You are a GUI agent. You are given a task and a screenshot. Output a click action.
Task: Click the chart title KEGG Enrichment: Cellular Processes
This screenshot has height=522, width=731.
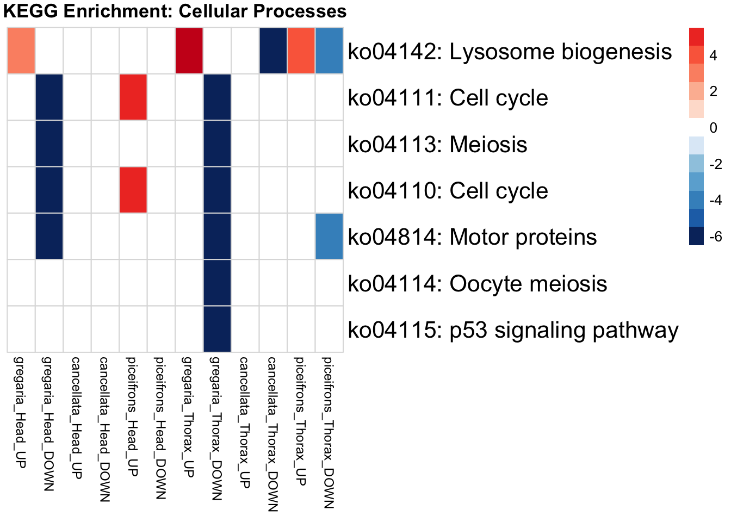click(x=175, y=11)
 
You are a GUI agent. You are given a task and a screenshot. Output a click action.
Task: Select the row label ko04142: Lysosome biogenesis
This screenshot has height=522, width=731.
click(x=510, y=52)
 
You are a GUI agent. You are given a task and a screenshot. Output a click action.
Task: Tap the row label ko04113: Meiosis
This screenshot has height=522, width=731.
click(x=437, y=145)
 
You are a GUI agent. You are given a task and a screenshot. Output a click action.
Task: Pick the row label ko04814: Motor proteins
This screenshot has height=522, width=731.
click(x=472, y=237)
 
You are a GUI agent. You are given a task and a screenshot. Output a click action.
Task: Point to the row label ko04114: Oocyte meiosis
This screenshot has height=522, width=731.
click(x=477, y=284)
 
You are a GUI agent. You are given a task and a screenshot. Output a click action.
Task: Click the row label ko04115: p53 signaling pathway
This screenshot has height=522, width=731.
click(x=513, y=330)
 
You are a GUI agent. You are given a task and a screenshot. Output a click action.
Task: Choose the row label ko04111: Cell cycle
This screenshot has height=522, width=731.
click(x=448, y=98)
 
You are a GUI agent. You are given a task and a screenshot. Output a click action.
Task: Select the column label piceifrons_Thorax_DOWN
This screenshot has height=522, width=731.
click(x=328, y=432)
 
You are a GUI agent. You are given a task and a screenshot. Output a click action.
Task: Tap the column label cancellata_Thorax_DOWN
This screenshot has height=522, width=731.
click(x=272, y=434)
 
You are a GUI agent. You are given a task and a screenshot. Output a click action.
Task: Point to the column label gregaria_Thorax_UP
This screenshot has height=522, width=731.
click(x=188, y=417)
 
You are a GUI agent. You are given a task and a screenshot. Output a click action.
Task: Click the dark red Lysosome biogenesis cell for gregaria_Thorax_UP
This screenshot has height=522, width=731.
click(x=189, y=51)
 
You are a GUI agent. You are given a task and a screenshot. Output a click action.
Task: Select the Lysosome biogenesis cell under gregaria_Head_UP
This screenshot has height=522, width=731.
click(x=21, y=51)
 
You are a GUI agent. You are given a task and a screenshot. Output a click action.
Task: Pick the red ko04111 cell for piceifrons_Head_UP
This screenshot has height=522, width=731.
click(x=133, y=97)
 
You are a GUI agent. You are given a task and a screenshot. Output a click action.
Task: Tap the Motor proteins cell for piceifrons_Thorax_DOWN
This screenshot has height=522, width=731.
click(x=329, y=237)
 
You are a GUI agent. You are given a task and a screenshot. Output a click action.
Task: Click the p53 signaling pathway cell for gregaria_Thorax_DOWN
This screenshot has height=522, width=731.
click(x=217, y=330)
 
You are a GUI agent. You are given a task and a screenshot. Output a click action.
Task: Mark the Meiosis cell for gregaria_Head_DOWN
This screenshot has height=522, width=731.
click(x=49, y=144)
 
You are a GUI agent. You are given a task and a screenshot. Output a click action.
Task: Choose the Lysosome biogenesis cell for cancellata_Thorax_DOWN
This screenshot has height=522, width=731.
click(x=273, y=51)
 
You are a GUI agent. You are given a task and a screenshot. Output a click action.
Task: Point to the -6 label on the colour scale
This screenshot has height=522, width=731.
click(x=715, y=237)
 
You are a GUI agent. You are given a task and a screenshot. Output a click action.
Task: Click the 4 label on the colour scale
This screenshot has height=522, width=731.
click(x=713, y=55)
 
